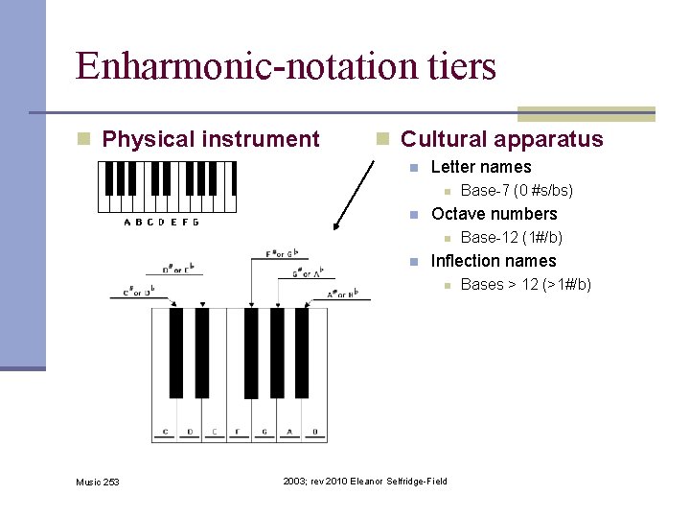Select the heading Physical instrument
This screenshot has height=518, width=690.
(x=210, y=139)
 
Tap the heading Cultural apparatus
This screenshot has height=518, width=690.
(x=501, y=139)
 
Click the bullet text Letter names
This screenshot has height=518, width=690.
(x=481, y=167)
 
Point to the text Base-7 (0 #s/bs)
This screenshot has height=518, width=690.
(x=517, y=191)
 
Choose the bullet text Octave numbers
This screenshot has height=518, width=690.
(x=494, y=214)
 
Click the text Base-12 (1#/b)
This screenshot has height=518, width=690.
(x=511, y=237)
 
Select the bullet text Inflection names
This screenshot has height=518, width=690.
(x=494, y=261)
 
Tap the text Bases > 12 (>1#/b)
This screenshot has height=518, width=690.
(x=525, y=284)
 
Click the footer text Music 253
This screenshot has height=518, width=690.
(x=98, y=482)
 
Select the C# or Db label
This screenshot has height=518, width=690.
(x=138, y=290)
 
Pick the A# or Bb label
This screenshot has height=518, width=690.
(x=340, y=294)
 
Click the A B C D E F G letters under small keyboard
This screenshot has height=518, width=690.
(x=162, y=223)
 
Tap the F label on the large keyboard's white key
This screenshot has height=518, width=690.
(x=238, y=432)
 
